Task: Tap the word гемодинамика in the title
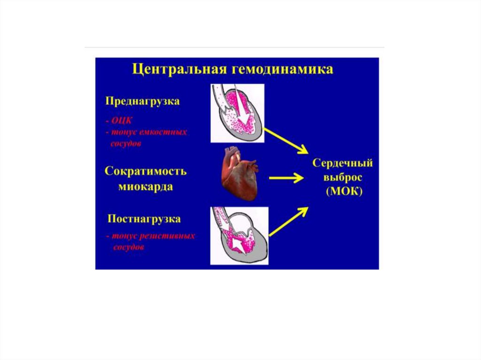281,70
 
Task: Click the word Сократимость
146,171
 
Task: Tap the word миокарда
146,187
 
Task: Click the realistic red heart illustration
239,173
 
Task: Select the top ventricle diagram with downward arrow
237,113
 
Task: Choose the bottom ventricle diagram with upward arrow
239,236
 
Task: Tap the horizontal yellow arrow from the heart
285,178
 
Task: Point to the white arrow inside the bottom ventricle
239,240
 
